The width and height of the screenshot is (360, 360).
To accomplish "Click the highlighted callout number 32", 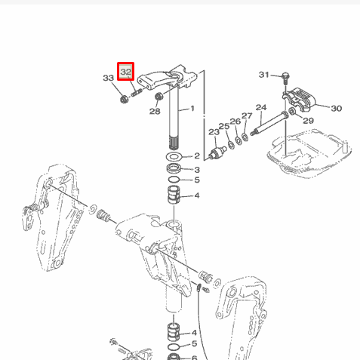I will [125, 72].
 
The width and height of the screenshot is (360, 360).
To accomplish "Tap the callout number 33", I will [108, 78].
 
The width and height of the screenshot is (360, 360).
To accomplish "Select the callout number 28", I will [155, 111].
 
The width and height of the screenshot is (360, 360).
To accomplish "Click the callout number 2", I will [195, 155].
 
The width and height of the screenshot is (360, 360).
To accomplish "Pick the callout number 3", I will [195, 169].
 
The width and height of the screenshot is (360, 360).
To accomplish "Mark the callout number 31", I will [263, 74].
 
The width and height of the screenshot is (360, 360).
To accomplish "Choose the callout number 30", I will [336, 108].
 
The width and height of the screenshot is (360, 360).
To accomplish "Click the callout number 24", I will [261, 107].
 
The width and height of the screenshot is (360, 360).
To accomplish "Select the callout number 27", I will [247, 115].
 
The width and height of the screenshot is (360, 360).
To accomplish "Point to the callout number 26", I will [235, 121].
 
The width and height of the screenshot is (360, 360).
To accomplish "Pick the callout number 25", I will [223, 126].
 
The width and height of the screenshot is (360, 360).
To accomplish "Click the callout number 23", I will [213, 132].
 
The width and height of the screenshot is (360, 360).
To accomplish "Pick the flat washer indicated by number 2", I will [173, 155].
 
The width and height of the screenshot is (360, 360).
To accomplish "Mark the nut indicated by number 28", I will [159, 97].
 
